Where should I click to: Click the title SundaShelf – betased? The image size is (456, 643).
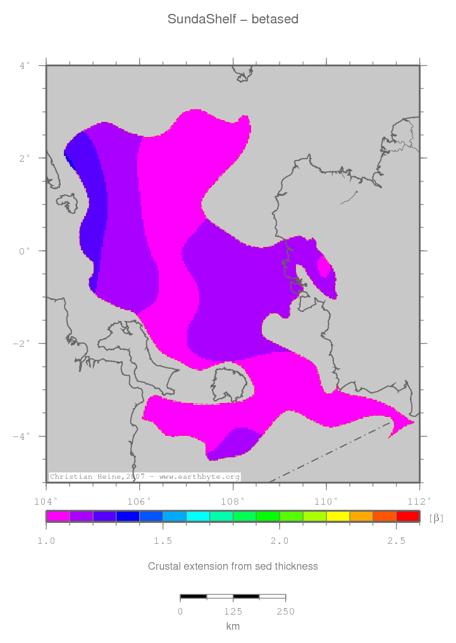[x=233, y=20]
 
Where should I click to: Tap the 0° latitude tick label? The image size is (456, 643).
[x=25, y=251]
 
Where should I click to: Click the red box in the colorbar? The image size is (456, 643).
[x=408, y=517]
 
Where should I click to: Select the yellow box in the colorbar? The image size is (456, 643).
[x=338, y=517]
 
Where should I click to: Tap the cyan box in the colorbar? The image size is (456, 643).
[x=198, y=517]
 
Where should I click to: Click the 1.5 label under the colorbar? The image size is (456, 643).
[x=163, y=541]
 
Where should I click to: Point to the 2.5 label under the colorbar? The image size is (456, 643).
[x=396, y=541]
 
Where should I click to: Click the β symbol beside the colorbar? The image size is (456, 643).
[x=436, y=518]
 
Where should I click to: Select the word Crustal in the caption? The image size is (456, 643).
[x=161, y=566]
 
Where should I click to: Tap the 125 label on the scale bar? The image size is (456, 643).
[x=233, y=611]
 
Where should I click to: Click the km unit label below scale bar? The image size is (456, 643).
[x=233, y=626]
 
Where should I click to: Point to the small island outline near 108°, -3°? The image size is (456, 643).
[x=229, y=384]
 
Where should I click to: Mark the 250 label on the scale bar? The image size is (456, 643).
[x=285, y=611]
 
